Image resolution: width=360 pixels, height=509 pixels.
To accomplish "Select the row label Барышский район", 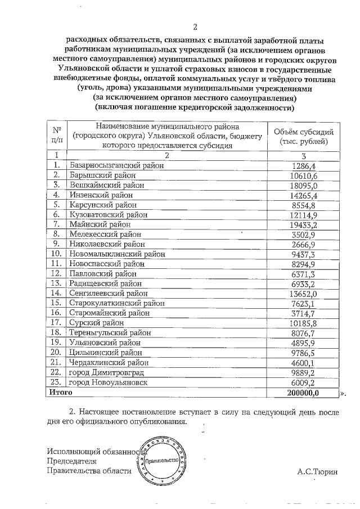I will pos(105,175).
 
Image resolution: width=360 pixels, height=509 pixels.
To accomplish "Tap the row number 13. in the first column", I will pos(56,283).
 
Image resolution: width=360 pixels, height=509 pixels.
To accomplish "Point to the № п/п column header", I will pos(56,136).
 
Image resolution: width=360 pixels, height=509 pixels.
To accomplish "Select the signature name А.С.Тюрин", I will pos(318,471).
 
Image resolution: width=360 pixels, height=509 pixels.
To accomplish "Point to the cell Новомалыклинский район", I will pos(112,254).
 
